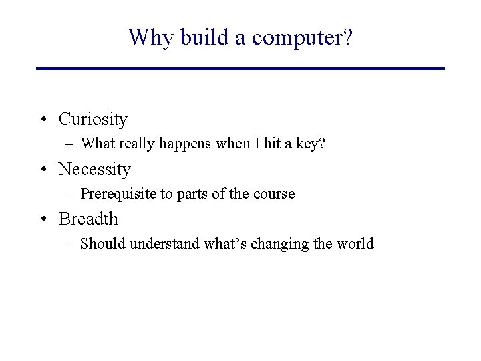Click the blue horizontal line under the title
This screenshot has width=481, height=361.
[240, 68]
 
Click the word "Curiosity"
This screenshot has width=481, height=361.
[93, 120]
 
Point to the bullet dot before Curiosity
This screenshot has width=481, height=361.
[43, 120]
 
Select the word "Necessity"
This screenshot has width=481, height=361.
[94, 170]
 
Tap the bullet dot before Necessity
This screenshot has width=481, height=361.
[43, 170]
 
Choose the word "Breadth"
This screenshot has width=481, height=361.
[88, 219]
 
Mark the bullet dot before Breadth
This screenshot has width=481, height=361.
[43, 219]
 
